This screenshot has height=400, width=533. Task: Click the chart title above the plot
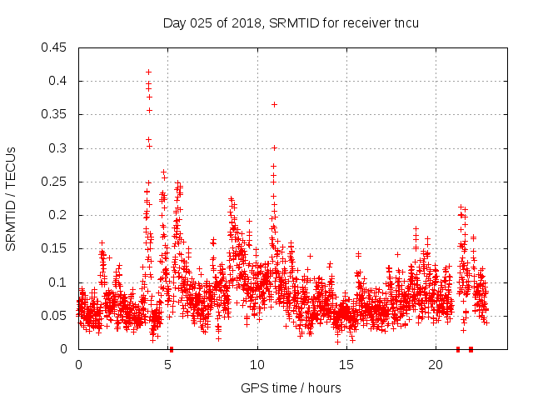(290, 22)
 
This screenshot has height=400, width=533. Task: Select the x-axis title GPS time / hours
(290, 387)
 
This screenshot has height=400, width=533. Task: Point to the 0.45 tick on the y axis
(56, 47)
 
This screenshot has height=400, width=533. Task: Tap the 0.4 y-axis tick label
(59, 81)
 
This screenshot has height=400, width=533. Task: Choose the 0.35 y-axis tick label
(56, 114)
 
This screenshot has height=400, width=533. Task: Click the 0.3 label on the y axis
(59, 148)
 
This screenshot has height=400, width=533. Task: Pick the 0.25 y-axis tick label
(56, 182)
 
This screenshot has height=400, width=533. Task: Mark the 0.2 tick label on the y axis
(59, 215)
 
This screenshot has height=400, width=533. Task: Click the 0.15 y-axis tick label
(56, 249)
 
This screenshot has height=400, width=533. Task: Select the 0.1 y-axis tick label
(59, 282)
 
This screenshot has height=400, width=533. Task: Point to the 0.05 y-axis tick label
(56, 316)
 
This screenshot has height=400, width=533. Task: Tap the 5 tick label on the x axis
(167, 365)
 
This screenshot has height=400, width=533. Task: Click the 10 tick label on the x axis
(257, 365)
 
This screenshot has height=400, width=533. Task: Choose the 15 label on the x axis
(346, 365)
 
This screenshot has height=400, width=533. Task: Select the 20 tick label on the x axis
(436, 365)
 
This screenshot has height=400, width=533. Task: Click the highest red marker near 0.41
(148, 72)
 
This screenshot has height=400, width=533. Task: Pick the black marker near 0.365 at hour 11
(274, 104)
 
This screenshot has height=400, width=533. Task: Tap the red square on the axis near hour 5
(171, 349)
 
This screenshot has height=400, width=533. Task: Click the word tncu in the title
(405, 22)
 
